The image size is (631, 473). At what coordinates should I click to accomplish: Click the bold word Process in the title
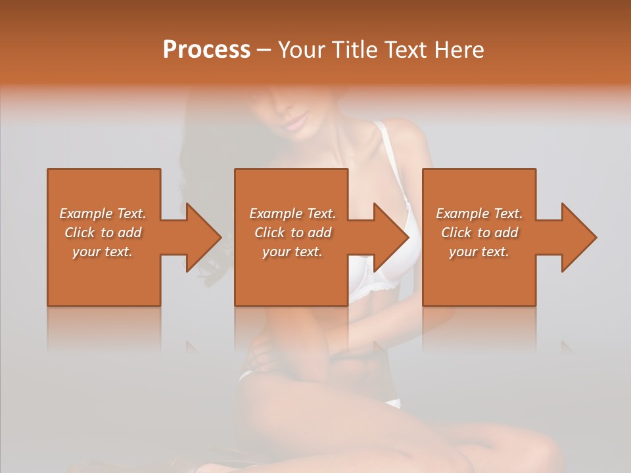click(206, 50)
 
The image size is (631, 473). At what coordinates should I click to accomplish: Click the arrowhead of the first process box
click(204, 237)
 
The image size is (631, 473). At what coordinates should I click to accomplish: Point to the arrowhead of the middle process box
click(392, 237)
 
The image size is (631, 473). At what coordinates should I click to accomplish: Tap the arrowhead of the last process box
click(579, 237)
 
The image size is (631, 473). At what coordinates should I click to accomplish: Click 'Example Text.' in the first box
click(103, 214)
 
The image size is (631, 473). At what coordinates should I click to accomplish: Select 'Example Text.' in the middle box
click(292, 214)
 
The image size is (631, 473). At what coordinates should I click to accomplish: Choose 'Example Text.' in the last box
click(479, 214)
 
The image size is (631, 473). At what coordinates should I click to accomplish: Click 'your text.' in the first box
click(103, 252)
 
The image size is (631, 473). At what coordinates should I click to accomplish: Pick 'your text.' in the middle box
click(292, 252)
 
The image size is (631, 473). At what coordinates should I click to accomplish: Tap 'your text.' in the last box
click(479, 252)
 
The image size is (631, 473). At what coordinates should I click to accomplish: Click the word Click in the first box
click(80, 233)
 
